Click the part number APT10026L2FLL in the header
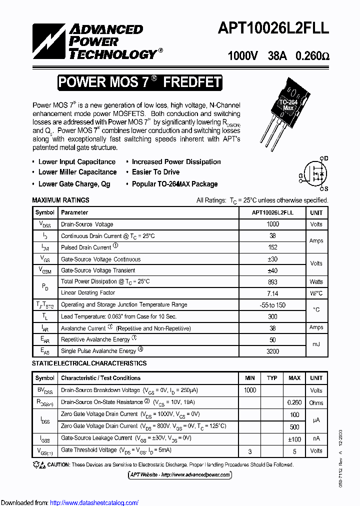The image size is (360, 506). pos(273,29)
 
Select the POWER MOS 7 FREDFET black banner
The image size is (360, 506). pos(139,82)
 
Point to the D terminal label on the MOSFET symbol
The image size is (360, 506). pos(325,158)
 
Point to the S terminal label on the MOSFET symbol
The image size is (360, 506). pos(325,188)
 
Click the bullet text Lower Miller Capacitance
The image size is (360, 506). pos(77,172)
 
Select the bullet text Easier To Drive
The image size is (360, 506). pos(155,172)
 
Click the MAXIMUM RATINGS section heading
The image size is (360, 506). pos(60,200)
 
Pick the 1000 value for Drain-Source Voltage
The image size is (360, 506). pos(272,224)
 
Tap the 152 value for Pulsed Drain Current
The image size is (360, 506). pos(272,247)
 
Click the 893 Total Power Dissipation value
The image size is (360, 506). pos(272,281)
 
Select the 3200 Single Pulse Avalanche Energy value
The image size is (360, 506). pos(272,351)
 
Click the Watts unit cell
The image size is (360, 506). pos(316,282)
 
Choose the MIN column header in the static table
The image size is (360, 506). pos(250,378)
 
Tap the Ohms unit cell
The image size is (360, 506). pos(316,402)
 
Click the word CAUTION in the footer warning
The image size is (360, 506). pos(59,464)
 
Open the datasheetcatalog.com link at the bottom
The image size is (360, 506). pos(94,502)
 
